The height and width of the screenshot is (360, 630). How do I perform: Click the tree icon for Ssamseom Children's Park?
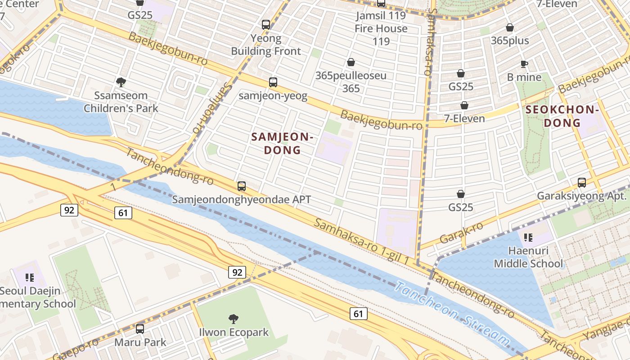pyautogui.click(x=121, y=82)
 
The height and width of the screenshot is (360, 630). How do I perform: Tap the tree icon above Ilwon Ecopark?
pyautogui.click(x=233, y=319)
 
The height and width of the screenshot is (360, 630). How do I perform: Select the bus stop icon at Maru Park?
pyautogui.click(x=140, y=329)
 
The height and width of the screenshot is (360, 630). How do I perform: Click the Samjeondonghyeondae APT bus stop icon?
pyautogui.click(x=242, y=186)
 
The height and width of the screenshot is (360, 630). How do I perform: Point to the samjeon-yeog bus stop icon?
pyautogui.click(x=273, y=82)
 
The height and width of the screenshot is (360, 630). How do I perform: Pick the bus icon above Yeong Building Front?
pyautogui.click(x=266, y=25)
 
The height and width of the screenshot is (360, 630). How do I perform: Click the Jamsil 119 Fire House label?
pyautogui.click(x=381, y=22)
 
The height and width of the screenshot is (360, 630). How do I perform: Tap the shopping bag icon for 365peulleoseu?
pyautogui.click(x=351, y=62)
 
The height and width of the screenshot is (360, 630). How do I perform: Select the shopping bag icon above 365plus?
pyautogui.click(x=509, y=27)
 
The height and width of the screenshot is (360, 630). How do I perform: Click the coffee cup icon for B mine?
pyautogui.click(x=524, y=64)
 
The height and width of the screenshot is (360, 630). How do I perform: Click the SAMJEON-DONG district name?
pyautogui.click(x=282, y=144)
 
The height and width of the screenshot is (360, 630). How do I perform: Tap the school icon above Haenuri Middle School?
pyautogui.click(x=528, y=237)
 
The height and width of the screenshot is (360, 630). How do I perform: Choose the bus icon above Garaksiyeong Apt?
pyautogui.click(x=582, y=183)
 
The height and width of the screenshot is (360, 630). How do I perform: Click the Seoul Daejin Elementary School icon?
pyautogui.click(x=30, y=278)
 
